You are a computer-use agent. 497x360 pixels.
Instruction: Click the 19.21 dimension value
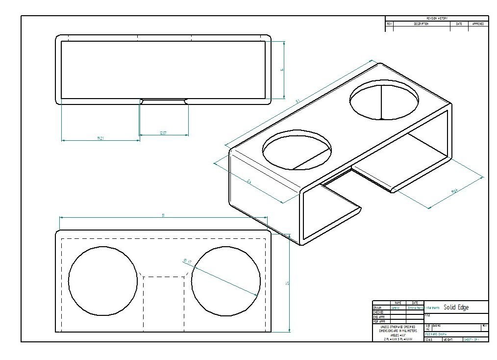[100, 139]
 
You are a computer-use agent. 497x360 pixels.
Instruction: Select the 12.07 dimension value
[163, 133]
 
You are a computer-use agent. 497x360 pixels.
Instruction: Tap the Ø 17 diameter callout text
[188, 262]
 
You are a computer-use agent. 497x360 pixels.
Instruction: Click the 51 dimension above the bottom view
[163, 215]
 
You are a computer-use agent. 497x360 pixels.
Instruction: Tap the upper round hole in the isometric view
[384, 100]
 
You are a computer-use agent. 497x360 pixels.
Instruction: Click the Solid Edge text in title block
[456, 308]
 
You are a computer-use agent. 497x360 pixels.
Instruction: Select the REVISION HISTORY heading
[437, 18]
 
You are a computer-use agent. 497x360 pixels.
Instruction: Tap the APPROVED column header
[478, 24]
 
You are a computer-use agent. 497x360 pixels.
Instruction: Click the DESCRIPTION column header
[421, 24]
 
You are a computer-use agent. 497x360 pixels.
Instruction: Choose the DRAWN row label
[378, 308]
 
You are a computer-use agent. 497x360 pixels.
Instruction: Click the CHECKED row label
[378, 312]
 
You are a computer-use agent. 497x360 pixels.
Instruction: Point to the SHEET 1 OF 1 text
[471, 339]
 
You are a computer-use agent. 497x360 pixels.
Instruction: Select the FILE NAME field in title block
[434, 334]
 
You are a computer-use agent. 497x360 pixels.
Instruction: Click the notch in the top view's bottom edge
[164, 102]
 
